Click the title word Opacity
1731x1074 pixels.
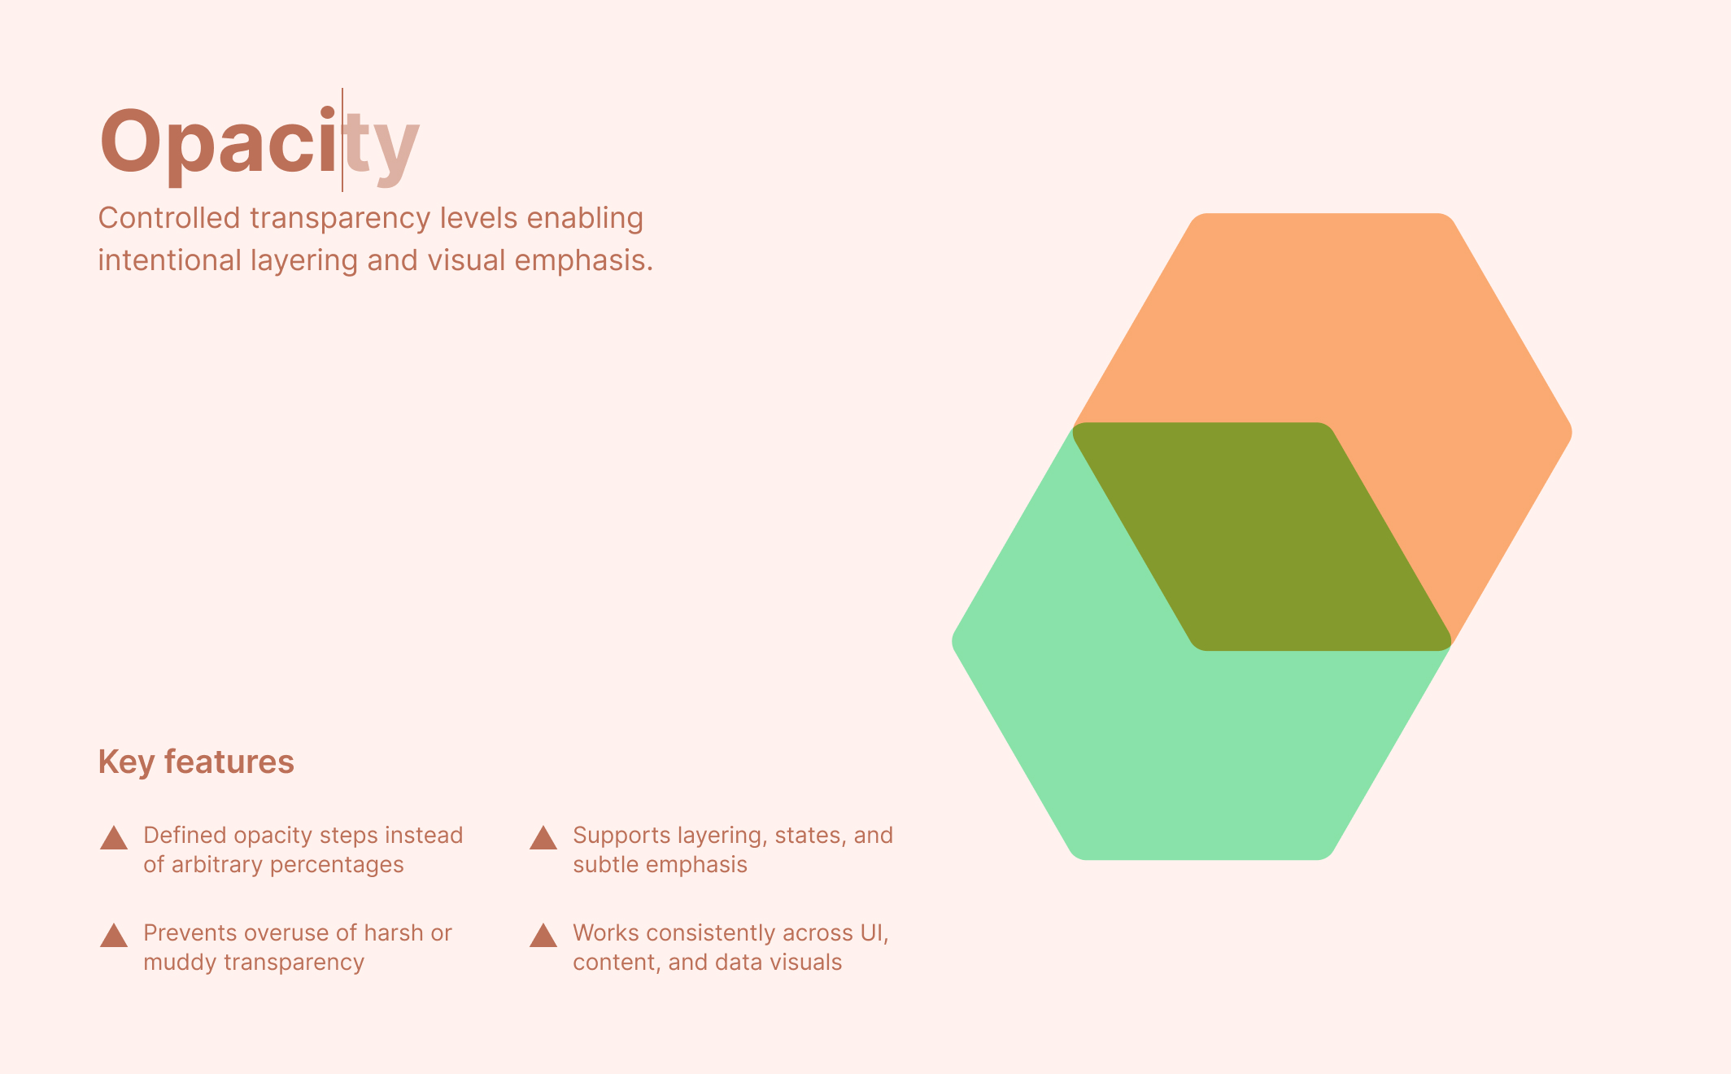[x=259, y=143]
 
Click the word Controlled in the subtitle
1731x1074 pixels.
[x=169, y=218]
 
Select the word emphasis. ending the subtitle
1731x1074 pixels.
[x=583, y=260]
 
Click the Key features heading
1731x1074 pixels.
[x=196, y=762]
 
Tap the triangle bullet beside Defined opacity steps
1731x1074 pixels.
[x=114, y=838]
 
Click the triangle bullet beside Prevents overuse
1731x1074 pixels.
[x=114, y=936]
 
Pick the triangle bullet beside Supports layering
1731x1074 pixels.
[x=543, y=838]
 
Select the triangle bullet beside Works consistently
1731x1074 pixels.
[x=543, y=936]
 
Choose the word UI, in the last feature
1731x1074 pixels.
[x=874, y=932]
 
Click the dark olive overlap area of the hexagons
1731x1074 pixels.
[x=1261, y=537]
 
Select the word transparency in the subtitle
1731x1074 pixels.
[x=340, y=218]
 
